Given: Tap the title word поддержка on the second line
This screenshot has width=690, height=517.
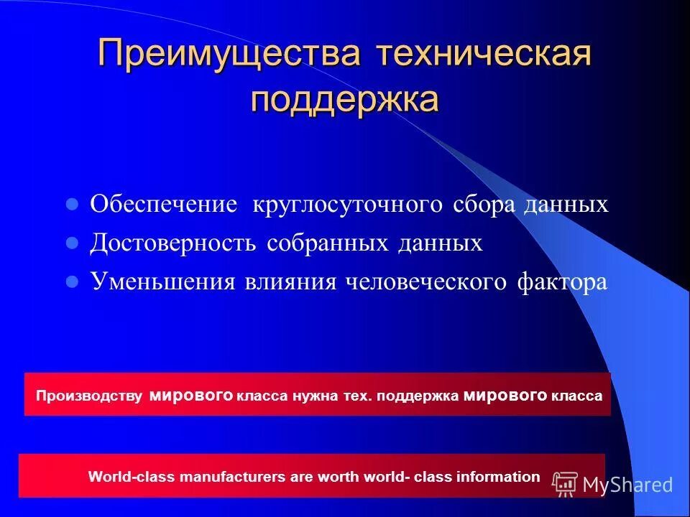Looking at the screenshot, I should point(345,99).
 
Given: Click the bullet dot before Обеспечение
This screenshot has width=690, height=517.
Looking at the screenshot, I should point(71,205).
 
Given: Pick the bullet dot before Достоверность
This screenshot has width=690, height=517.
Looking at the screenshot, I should point(71,243).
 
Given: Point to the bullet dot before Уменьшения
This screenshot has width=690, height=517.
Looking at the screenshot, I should point(71,282).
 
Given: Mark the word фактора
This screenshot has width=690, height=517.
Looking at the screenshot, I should point(561,282).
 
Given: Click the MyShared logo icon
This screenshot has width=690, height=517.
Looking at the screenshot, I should point(565,485).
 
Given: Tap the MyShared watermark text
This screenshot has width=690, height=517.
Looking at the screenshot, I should point(627,485).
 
